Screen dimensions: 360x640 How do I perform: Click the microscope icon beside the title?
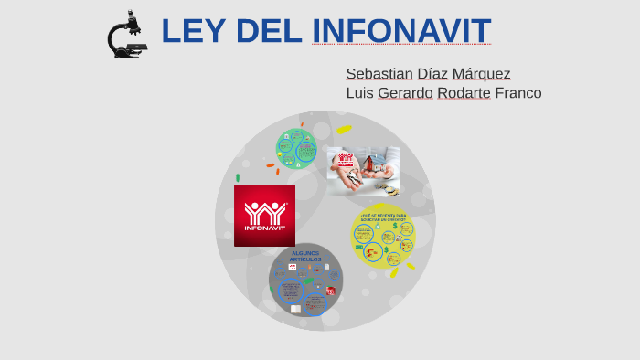pyautogui.click(x=126, y=35)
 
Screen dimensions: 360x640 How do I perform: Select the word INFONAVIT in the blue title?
pyautogui.click(x=401, y=31)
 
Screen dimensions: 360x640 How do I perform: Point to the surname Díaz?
pyautogui.click(x=432, y=73)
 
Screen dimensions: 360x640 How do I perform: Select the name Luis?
pyautogui.click(x=359, y=93)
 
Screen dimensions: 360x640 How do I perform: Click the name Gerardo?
pyautogui.click(x=405, y=93)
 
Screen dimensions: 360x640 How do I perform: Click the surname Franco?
pyautogui.click(x=518, y=93)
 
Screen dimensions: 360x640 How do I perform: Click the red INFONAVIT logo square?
pyautogui.click(x=264, y=216)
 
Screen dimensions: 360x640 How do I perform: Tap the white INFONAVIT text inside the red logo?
pyautogui.click(x=264, y=228)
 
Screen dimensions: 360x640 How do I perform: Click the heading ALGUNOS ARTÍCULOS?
pyautogui.click(x=305, y=256)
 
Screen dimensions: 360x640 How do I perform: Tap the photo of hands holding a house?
pyautogui.click(x=364, y=171)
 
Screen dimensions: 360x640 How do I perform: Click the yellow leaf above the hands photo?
pyautogui.click(x=344, y=129)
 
